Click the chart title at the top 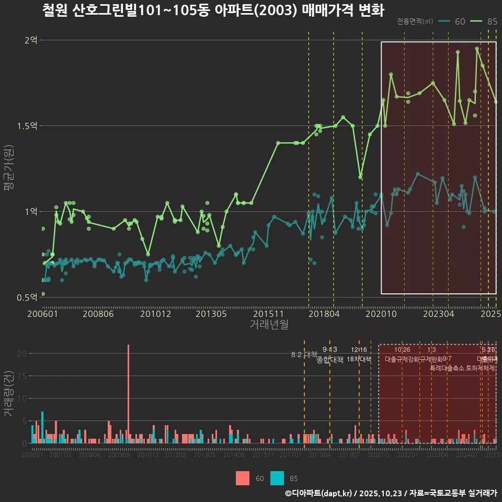coord(213,10)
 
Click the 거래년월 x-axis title coord(269,325)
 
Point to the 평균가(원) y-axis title coord(9,170)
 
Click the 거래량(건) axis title coord(9,394)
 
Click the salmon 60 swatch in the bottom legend coord(243,478)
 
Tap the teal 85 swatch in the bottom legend coord(277,478)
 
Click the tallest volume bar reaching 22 coord(128,393)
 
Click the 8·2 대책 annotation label coord(304,355)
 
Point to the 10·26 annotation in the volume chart coord(402,350)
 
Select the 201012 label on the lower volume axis coord(148,455)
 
